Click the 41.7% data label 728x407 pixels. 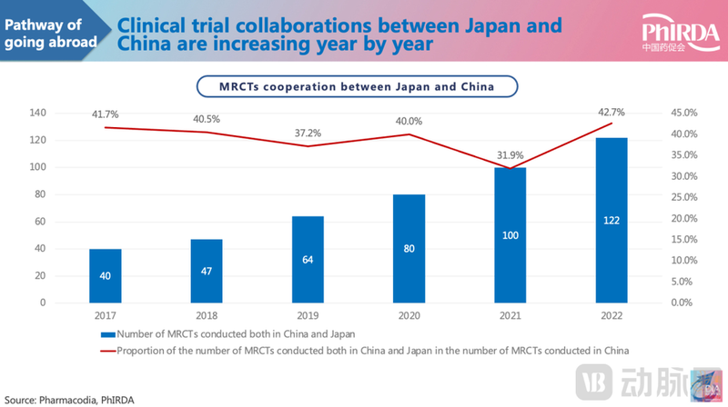[x=105, y=114]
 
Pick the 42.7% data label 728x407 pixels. [x=611, y=112]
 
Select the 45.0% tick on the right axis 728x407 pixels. [x=682, y=113]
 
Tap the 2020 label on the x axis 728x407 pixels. [x=409, y=317]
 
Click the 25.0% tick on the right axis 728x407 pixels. [x=682, y=197]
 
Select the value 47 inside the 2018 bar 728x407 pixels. [x=207, y=271]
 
